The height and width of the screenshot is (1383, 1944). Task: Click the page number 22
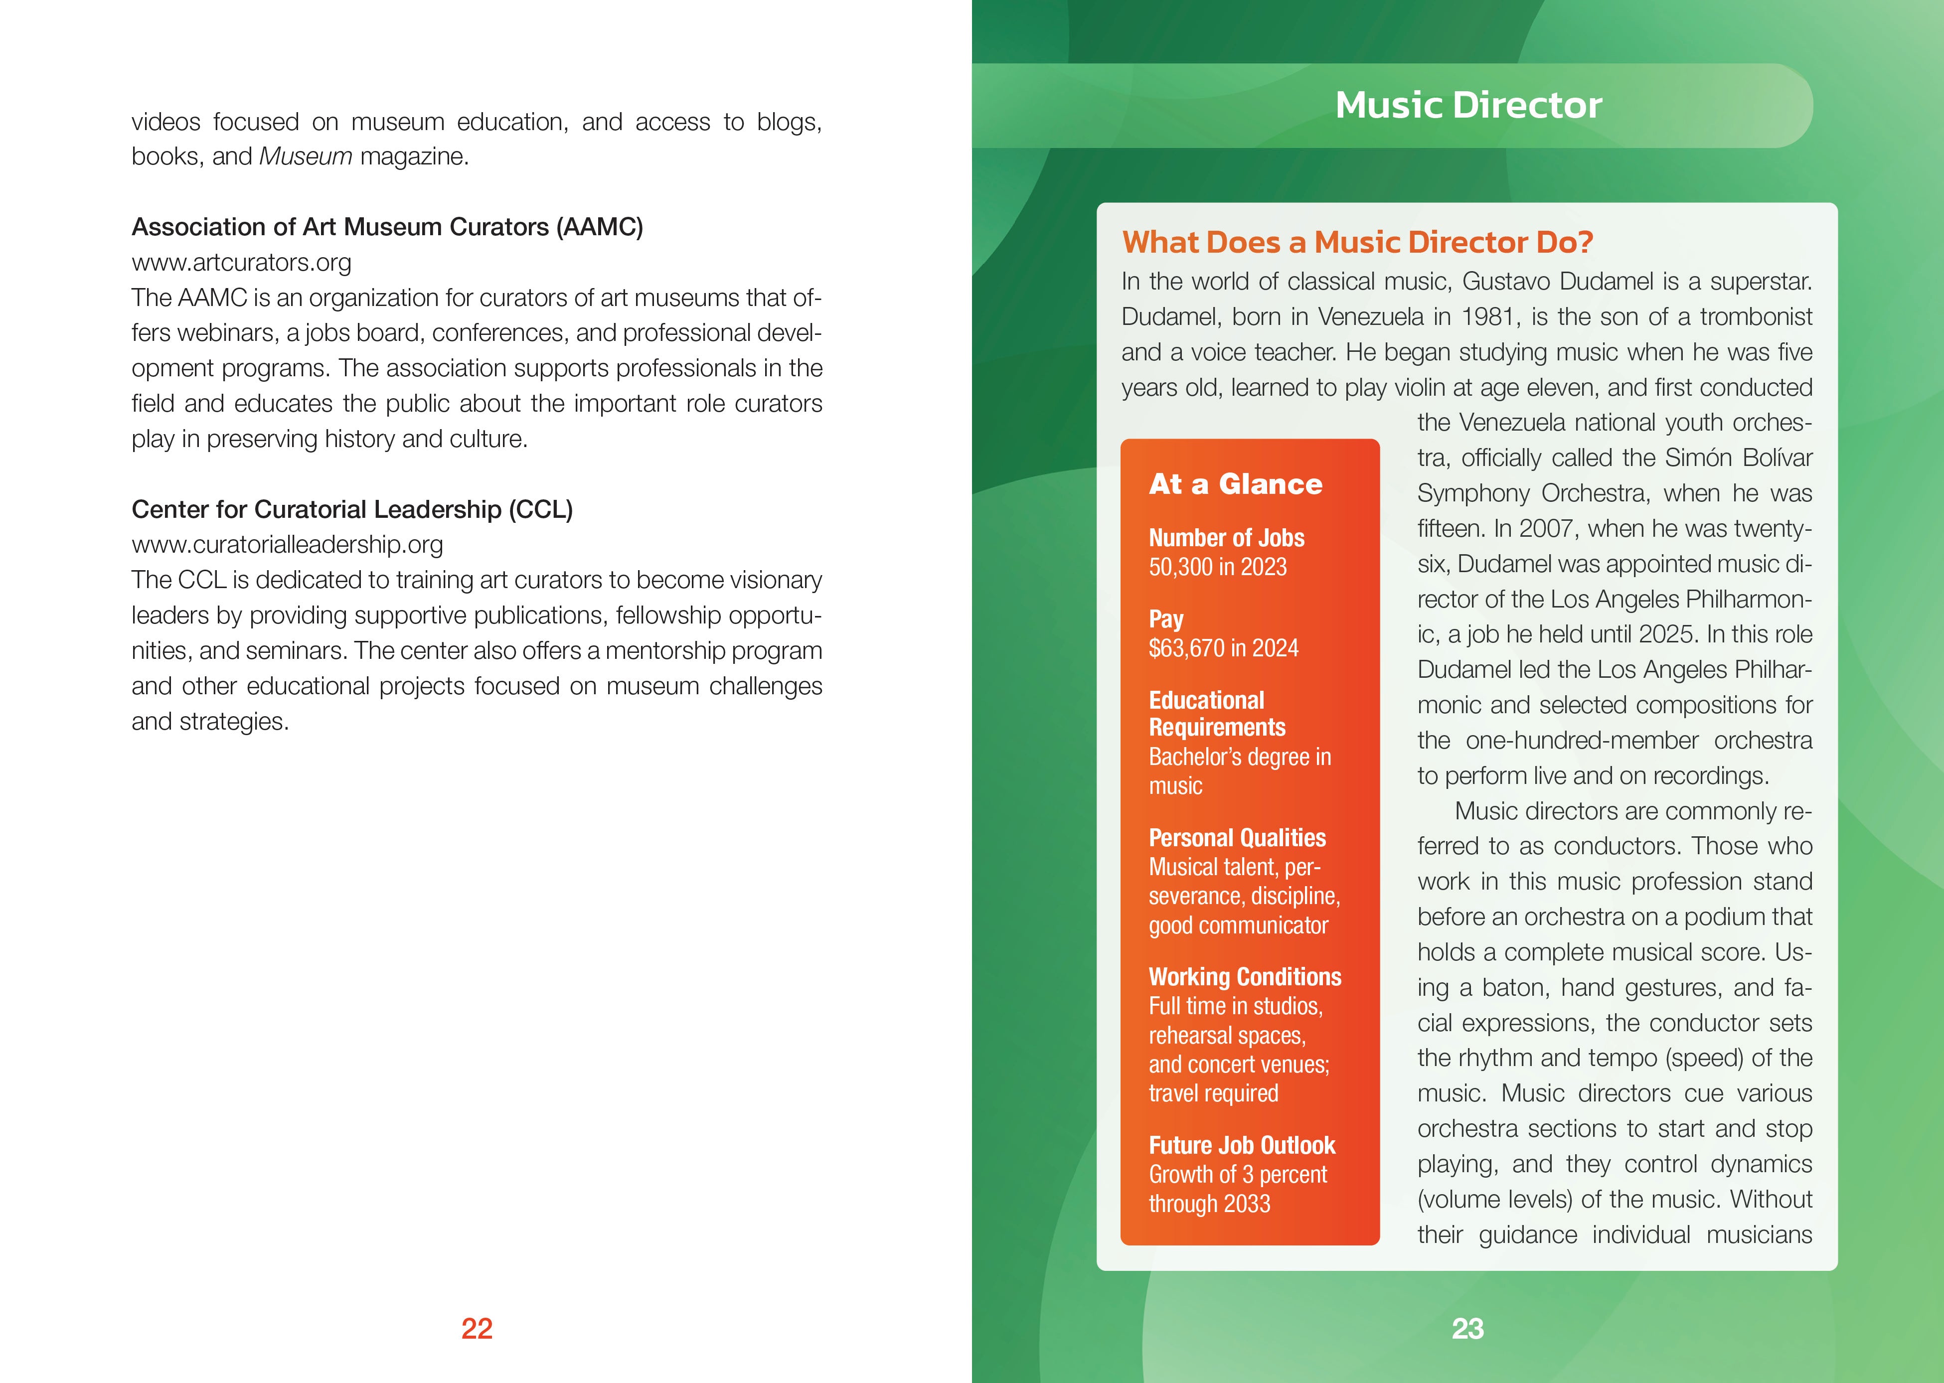coord(477,1329)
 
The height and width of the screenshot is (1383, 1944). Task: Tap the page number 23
coord(1467,1329)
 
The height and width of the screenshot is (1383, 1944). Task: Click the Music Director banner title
coord(1468,105)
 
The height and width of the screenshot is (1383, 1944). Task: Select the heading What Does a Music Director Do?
coord(1357,243)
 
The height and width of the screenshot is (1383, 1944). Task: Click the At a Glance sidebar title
coord(1236,484)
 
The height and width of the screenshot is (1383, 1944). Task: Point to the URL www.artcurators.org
coord(241,262)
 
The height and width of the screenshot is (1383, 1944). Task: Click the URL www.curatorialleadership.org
coord(287,544)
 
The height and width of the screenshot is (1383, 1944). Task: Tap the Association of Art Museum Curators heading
coord(387,227)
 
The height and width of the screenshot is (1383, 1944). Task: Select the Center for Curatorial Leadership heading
coord(352,509)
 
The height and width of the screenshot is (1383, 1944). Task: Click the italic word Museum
coord(305,156)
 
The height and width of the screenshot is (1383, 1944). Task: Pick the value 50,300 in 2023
coord(1218,567)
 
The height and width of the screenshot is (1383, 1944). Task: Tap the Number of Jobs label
coord(1226,538)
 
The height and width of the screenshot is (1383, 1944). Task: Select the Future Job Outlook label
coord(1242,1145)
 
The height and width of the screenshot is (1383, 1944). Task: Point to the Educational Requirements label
coord(1217,714)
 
